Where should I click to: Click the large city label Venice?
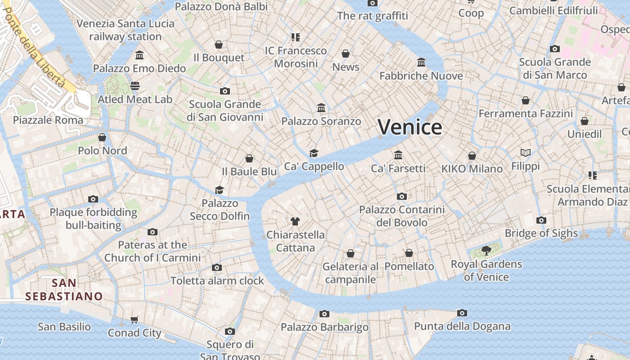coord(409,127)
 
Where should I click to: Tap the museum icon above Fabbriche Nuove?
coord(421,62)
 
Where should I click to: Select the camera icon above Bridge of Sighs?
coord(541,220)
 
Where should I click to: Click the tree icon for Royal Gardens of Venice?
coord(486,250)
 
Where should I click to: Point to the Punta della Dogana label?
coord(462,326)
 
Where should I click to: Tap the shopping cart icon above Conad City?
coord(134,320)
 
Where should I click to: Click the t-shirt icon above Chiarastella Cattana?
coord(295,221)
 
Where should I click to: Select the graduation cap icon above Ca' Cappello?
coord(314,153)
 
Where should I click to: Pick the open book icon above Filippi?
coord(525,153)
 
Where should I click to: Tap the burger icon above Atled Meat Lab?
coord(135,85)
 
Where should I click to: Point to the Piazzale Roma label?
coord(48,120)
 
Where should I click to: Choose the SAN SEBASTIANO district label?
coord(64,289)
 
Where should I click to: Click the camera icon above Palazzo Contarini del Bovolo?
coord(402,196)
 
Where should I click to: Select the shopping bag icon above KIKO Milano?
coord(472,156)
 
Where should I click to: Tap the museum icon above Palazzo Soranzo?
coord(321,108)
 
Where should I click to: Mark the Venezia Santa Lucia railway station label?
coord(125,30)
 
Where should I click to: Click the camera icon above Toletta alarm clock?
coord(217,267)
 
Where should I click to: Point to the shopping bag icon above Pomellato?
coord(409,253)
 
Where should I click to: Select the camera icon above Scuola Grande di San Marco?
coord(555,49)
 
